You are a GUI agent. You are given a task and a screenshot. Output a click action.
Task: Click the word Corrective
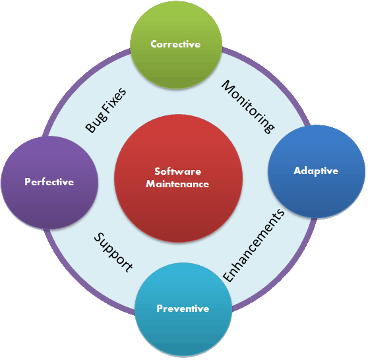[x=175, y=44]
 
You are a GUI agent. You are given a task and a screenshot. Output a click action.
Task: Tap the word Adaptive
[x=316, y=171]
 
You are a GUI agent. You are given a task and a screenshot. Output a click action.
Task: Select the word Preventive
[x=183, y=309]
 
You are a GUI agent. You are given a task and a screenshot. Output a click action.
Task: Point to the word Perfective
[x=49, y=182]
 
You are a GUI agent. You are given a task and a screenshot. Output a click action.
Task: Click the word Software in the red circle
[x=177, y=171]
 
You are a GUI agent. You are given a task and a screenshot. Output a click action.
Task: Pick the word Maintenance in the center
[x=177, y=184]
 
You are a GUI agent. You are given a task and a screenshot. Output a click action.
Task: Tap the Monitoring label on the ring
[x=249, y=107]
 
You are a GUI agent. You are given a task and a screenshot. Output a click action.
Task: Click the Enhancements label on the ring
[x=253, y=245]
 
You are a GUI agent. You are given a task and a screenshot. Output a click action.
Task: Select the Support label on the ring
[x=113, y=253]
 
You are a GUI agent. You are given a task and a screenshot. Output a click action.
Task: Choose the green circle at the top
[x=176, y=45]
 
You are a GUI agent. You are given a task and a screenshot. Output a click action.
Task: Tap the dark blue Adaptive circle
[x=317, y=171]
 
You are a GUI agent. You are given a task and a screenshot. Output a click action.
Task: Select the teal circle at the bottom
[x=183, y=309]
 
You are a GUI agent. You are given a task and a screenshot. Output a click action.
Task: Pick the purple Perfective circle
[x=49, y=183]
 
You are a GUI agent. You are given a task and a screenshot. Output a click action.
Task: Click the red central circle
[x=178, y=178]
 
